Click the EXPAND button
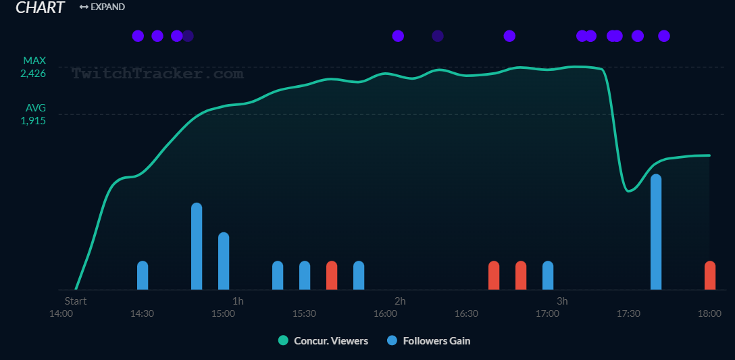coord(102,7)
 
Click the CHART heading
coord(40,7)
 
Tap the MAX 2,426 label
coord(34,67)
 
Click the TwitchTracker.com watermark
coord(157,74)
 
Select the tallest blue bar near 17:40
coord(655,232)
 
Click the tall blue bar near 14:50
coord(197,246)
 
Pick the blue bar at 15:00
coord(224,261)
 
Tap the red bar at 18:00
coord(709,275)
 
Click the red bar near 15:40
coord(332,275)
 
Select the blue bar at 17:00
coord(548,275)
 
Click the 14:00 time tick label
coord(61,313)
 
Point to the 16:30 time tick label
coord(466,313)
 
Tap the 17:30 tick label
coord(628,313)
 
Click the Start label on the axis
coord(76,301)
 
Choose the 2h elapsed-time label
coord(400,301)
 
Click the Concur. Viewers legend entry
coord(324,341)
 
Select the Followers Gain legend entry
coord(429,341)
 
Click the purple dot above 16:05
coord(398,36)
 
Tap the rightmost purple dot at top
coord(664,36)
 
